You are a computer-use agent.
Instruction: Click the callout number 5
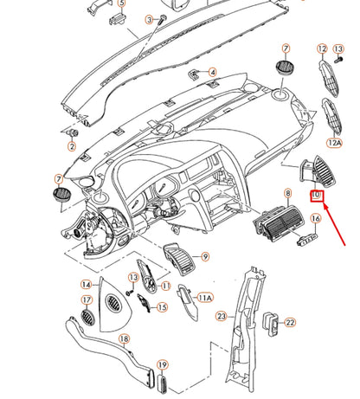(x=122, y=3)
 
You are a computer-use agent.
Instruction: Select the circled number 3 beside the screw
(x=149, y=20)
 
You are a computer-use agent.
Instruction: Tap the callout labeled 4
(x=213, y=72)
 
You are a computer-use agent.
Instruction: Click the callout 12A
(x=335, y=142)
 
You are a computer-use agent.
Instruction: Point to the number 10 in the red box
(x=317, y=196)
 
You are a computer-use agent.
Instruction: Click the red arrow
(x=334, y=224)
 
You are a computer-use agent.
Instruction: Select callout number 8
(x=288, y=193)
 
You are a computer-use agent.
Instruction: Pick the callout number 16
(x=316, y=218)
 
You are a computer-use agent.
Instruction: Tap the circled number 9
(x=205, y=256)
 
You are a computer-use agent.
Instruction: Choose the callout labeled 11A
(x=205, y=297)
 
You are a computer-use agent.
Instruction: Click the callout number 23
(x=222, y=317)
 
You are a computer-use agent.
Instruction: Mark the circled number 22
(x=290, y=322)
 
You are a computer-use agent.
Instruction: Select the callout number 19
(x=163, y=365)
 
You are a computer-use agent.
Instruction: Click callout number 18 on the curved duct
(x=124, y=339)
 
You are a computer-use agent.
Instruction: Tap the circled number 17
(x=87, y=300)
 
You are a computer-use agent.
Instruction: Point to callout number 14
(x=87, y=285)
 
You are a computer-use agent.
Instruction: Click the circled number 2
(x=72, y=146)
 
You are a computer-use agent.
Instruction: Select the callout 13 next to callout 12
(x=338, y=48)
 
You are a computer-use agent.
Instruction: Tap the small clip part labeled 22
(x=271, y=324)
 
